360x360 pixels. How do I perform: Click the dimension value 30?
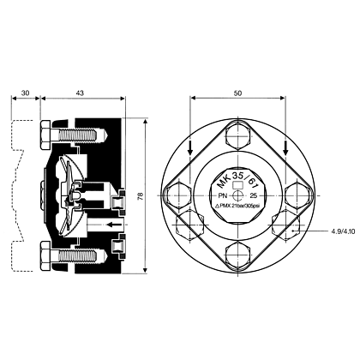click(26, 93)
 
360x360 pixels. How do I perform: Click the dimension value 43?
click(80, 93)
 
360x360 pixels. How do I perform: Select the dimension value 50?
click(237, 93)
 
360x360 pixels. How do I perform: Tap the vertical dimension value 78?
click(141, 196)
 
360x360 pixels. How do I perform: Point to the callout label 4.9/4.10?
click(343, 231)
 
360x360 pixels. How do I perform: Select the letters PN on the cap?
click(222, 196)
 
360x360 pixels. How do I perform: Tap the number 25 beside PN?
click(254, 196)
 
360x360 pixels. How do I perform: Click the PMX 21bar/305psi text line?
click(238, 206)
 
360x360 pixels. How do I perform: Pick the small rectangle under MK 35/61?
click(237, 185)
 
